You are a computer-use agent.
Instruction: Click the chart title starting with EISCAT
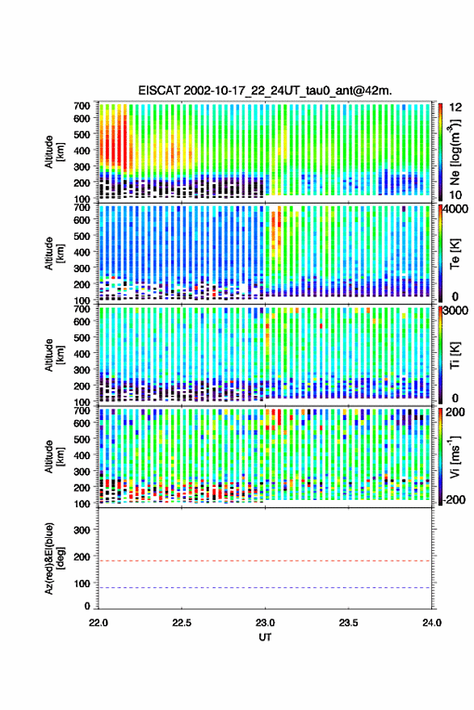[x=265, y=90]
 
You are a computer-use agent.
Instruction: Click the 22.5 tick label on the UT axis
[x=182, y=623]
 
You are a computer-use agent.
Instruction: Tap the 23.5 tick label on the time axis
[x=348, y=623]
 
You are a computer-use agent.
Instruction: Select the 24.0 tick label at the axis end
[x=432, y=623]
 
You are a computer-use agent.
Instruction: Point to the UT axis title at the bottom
[x=265, y=637]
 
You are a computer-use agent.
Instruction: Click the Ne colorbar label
[x=455, y=152]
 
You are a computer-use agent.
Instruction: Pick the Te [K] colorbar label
[x=455, y=254]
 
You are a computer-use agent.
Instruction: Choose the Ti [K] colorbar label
[x=455, y=355]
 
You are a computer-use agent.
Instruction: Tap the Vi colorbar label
[x=455, y=456]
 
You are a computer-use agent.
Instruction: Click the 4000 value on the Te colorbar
[x=456, y=209]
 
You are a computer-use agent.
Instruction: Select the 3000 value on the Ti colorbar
[x=456, y=311]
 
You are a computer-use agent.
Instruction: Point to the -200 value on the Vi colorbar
[x=454, y=500]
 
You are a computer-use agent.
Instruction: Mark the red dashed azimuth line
[x=265, y=561]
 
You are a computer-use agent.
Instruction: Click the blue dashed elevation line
[x=265, y=588]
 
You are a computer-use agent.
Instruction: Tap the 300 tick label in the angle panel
[x=82, y=530]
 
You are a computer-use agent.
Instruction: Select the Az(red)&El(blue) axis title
[x=55, y=558]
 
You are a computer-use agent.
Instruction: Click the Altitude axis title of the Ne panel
[x=55, y=152]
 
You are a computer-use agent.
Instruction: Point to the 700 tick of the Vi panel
[x=82, y=410]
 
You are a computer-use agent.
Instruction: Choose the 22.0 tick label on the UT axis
[x=99, y=623]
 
